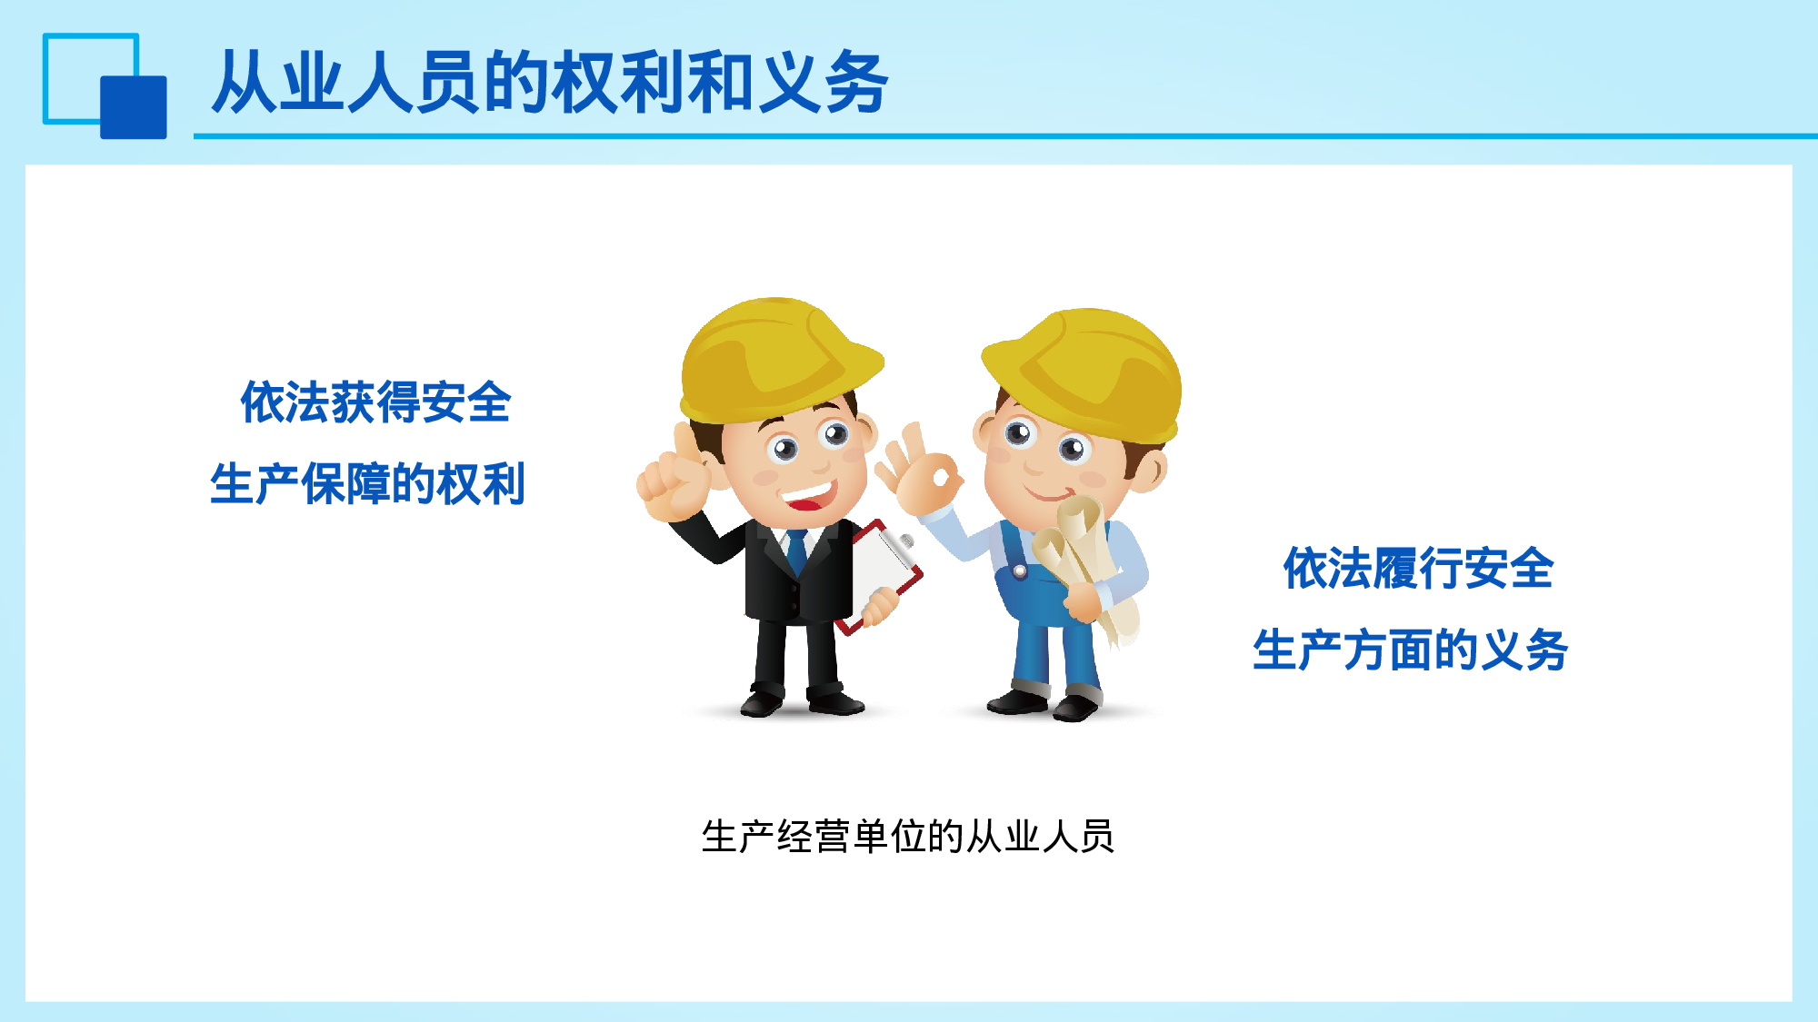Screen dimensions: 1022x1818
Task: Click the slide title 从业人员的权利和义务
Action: (x=549, y=83)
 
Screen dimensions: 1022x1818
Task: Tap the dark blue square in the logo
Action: (x=134, y=107)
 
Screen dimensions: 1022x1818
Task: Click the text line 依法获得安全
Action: (x=375, y=402)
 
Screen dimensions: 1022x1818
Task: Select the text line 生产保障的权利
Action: (x=367, y=484)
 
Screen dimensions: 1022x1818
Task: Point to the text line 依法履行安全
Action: (x=1417, y=570)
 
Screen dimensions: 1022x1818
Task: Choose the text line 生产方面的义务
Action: (x=1410, y=650)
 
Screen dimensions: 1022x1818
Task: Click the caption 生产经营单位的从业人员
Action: (x=907, y=837)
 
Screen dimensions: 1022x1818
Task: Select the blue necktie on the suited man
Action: (x=797, y=550)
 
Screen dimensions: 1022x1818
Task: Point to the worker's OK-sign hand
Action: (x=923, y=472)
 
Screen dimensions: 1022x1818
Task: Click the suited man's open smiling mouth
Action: (x=806, y=496)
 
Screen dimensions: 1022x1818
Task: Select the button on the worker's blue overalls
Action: (x=1020, y=571)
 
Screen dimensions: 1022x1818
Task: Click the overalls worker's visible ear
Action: (x=1151, y=468)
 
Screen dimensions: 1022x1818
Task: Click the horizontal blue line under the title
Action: (x=1000, y=136)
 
